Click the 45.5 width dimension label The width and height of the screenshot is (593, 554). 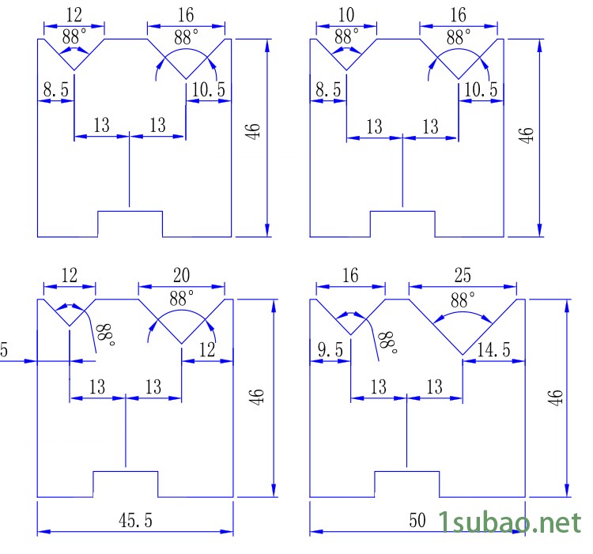pyautogui.click(x=135, y=520)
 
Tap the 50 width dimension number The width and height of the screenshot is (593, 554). pyautogui.click(x=417, y=520)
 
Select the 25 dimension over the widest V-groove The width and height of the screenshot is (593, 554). pyautogui.click(x=463, y=276)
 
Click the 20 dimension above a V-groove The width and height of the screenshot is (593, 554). pyautogui.click(x=181, y=276)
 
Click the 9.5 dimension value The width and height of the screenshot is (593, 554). pyautogui.click(x=331, y=349)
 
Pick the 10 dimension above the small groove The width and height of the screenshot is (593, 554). pyautogui.click(x=346, y=16)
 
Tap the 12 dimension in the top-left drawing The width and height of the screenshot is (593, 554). pyautogui.click(x=74, y=16)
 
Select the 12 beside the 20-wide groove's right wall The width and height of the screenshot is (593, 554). pyautogui.click(x=207, y=349)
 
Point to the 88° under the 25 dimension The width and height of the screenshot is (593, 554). pyautogui.click(x=463, y=300)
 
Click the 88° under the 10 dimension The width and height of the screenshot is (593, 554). pyautogui.click(x=346, y=36)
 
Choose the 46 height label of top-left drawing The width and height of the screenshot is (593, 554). pyautogui.click(x=253, y=132)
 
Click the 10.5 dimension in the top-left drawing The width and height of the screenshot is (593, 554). pyautogui.click(x=209, y=90)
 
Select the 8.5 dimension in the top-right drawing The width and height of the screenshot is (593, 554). pyautogui.click(x=328, y=90)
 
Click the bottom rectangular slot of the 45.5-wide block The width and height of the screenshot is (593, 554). pyautogui.click(x=126, y=483)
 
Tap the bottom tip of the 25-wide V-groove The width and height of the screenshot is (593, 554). pyautogui.click(x=463, y=353)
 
